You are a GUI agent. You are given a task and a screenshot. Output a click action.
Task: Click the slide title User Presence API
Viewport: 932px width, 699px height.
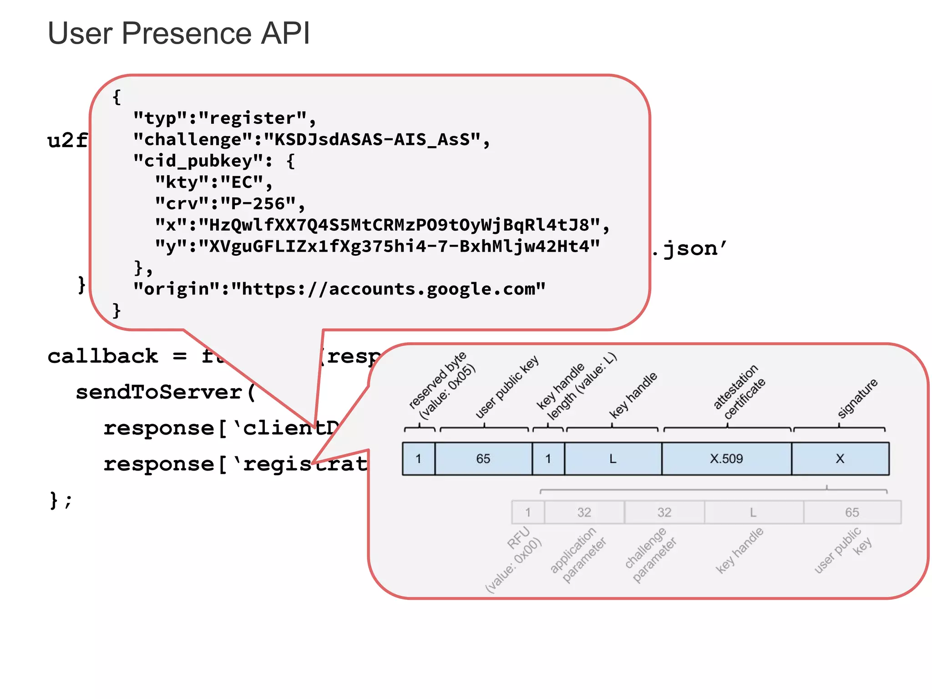[178, 33]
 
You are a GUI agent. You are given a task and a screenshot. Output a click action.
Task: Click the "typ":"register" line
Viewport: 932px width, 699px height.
[224, 118]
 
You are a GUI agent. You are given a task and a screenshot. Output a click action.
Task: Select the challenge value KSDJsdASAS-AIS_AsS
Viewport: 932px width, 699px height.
[372, 140]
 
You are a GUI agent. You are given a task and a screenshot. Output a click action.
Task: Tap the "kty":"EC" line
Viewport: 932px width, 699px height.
[213, 182]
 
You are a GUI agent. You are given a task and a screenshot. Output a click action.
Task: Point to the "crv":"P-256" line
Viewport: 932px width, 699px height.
[229, 204]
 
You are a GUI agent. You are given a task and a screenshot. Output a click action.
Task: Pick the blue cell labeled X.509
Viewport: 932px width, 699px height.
[726, 459]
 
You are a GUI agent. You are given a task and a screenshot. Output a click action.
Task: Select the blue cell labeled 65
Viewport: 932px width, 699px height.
[483, 459]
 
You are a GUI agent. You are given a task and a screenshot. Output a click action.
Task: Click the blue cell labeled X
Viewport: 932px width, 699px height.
[840, 459]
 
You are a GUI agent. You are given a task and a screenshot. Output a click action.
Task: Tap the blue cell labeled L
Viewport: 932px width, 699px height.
[613, 459]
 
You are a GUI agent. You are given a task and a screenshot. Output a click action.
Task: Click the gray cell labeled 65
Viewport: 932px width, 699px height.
[852, 512]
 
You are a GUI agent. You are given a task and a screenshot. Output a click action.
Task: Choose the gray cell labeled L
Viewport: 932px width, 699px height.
[753, 512]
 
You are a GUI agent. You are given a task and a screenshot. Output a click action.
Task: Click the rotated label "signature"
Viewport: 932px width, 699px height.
[857, 398]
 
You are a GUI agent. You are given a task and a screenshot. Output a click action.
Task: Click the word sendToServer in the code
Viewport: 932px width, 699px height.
[159, 392]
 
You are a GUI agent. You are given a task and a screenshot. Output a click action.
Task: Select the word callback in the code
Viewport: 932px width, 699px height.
[103, 356]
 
